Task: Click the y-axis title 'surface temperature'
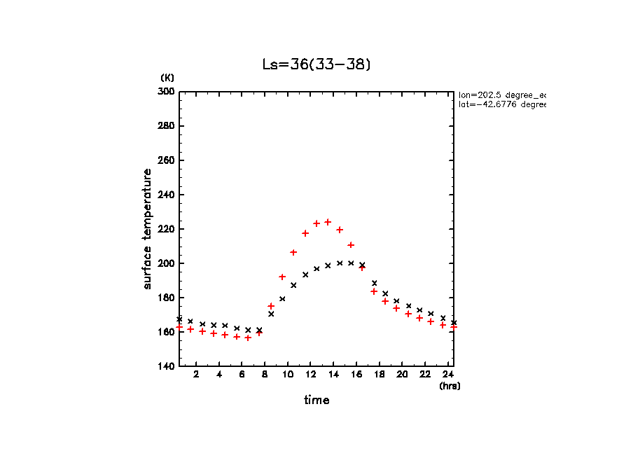click(148, 228)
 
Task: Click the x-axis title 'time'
click(316, 401)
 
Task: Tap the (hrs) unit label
click(450, 386)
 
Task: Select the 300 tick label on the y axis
click(167, 92)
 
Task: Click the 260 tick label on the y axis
click(167, 160)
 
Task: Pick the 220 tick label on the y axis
click(167, 229)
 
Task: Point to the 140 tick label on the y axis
click(167, 366)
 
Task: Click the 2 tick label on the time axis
click(196, 375)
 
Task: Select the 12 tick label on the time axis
click(310, 375)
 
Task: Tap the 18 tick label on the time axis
click(379, 375)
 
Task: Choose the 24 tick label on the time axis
click(447, 375)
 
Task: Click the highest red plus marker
click(328, 222)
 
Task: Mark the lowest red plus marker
click(248, 338)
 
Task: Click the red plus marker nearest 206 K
click(293, 252)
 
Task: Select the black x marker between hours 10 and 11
click(293, 285)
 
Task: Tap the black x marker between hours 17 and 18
click(374, 283)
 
